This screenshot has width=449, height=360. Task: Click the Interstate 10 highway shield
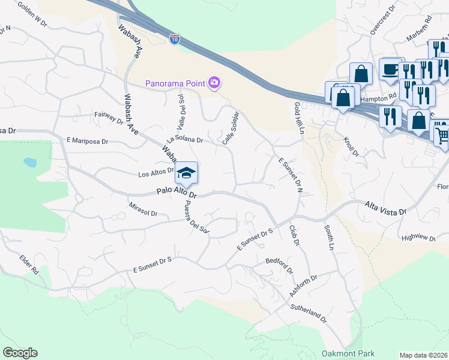(x=175, y=40)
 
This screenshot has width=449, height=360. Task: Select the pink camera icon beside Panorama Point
(x=215, y=82)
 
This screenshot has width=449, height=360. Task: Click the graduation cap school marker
(x=186, y=173)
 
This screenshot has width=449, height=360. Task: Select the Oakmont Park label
(x=348, y=353)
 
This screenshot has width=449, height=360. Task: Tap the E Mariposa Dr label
(x=88, y=142)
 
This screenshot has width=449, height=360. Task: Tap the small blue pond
(x=29, y=162)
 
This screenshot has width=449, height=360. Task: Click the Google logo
(x=20, y=353)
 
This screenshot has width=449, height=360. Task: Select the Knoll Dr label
(x=351, y=145)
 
